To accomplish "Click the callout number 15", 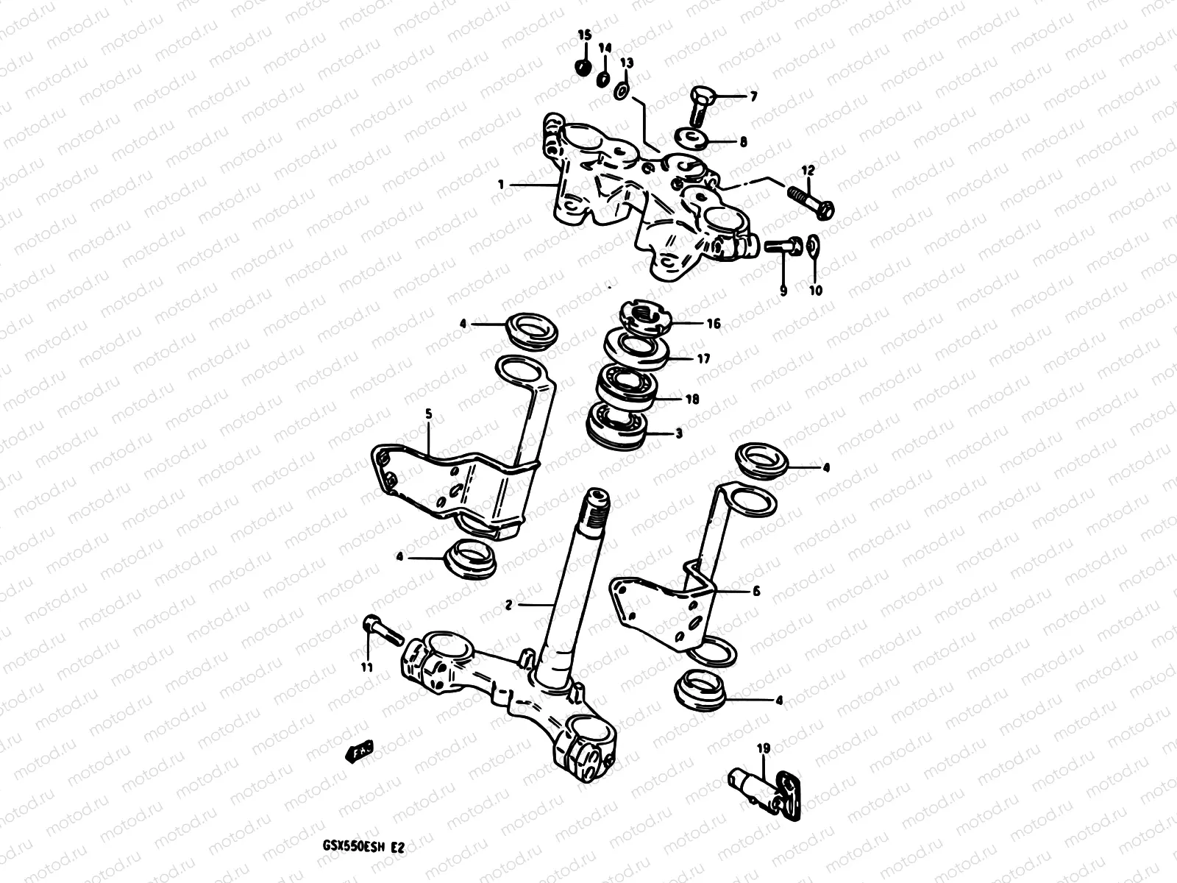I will click(584, 35).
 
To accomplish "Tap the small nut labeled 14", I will click(602, 79).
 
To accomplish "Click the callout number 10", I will click(816, 290).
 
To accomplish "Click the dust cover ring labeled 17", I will click(637, 348).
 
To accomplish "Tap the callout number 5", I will click(429, 414).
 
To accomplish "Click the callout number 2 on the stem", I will click(508, 605).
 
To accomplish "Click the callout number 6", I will click(756, 591).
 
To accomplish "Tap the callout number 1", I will click(501, 185).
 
